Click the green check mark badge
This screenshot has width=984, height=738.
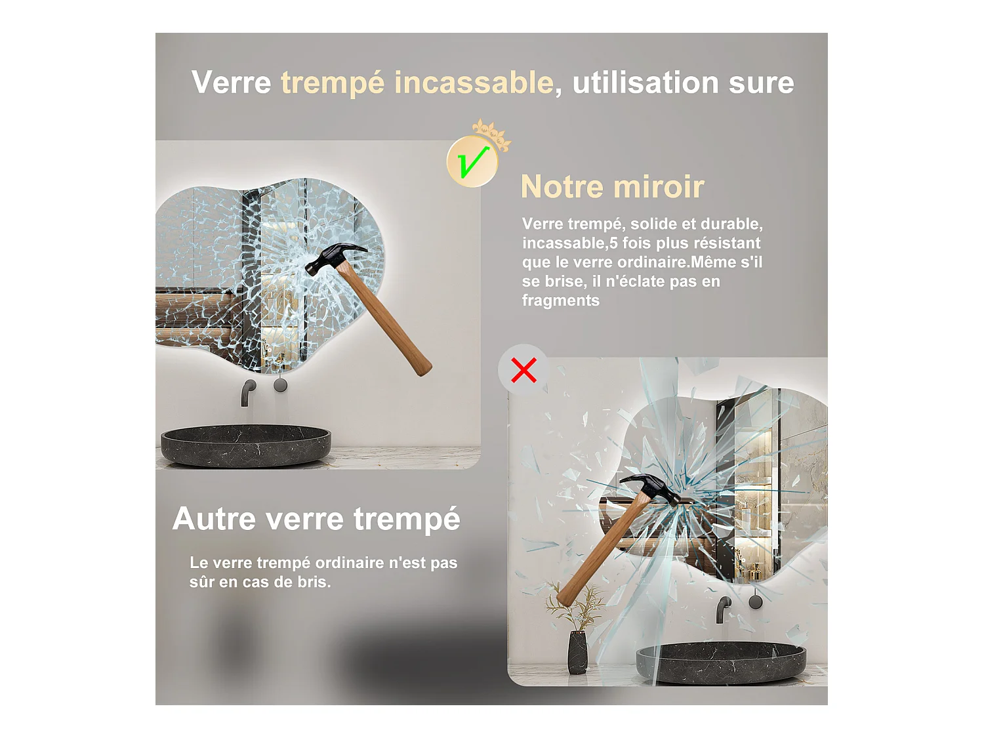tap(472, 161)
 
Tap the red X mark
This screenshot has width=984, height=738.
tap(523, 370)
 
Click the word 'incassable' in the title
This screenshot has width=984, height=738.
tap(473, 83)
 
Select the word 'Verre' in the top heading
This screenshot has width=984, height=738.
tap(231, 83)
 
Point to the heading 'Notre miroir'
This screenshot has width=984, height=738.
tap(612, 187)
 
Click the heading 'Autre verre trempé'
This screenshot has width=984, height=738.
tap(316, 519)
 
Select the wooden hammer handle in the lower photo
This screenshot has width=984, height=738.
tap(596, 551)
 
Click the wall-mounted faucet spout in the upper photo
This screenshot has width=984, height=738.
tap(248, 392)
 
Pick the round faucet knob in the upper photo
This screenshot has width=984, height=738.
tap(280, 385)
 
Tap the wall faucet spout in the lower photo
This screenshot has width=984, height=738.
tap(723, 608)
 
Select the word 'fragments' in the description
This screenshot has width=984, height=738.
tap(560, 300)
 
